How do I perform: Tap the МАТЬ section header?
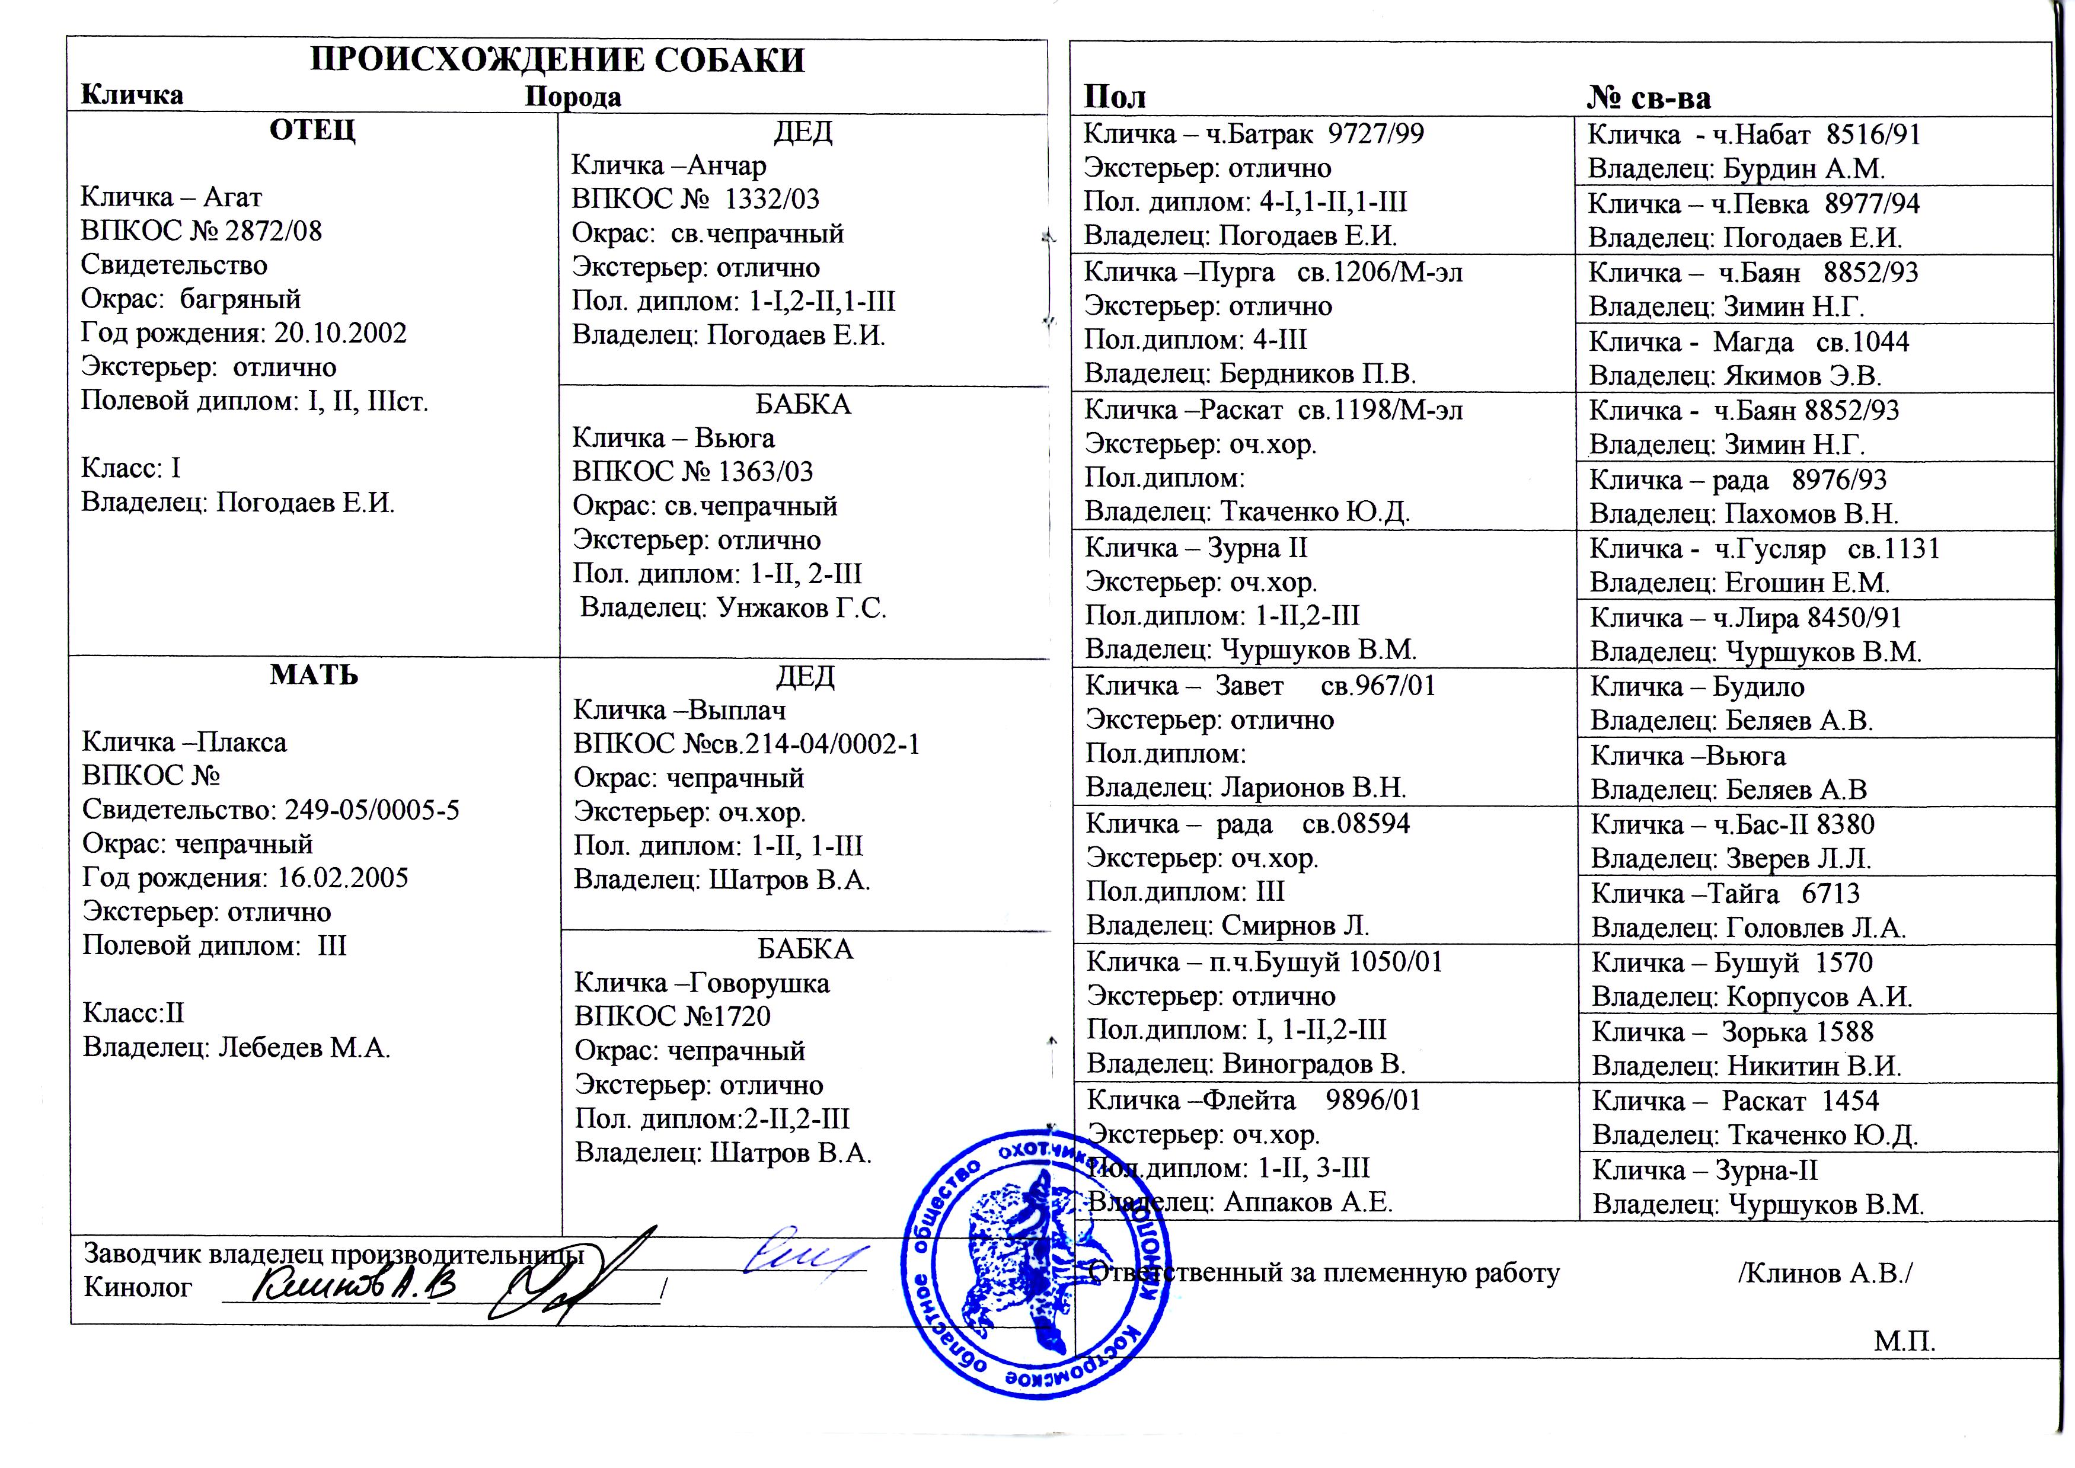(314, 675)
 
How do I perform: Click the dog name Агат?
(232, 197)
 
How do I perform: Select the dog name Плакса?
(243, 742)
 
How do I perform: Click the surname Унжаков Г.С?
(801, 608)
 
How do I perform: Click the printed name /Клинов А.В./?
(1825, 1273)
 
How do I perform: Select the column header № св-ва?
(1648, 98)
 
